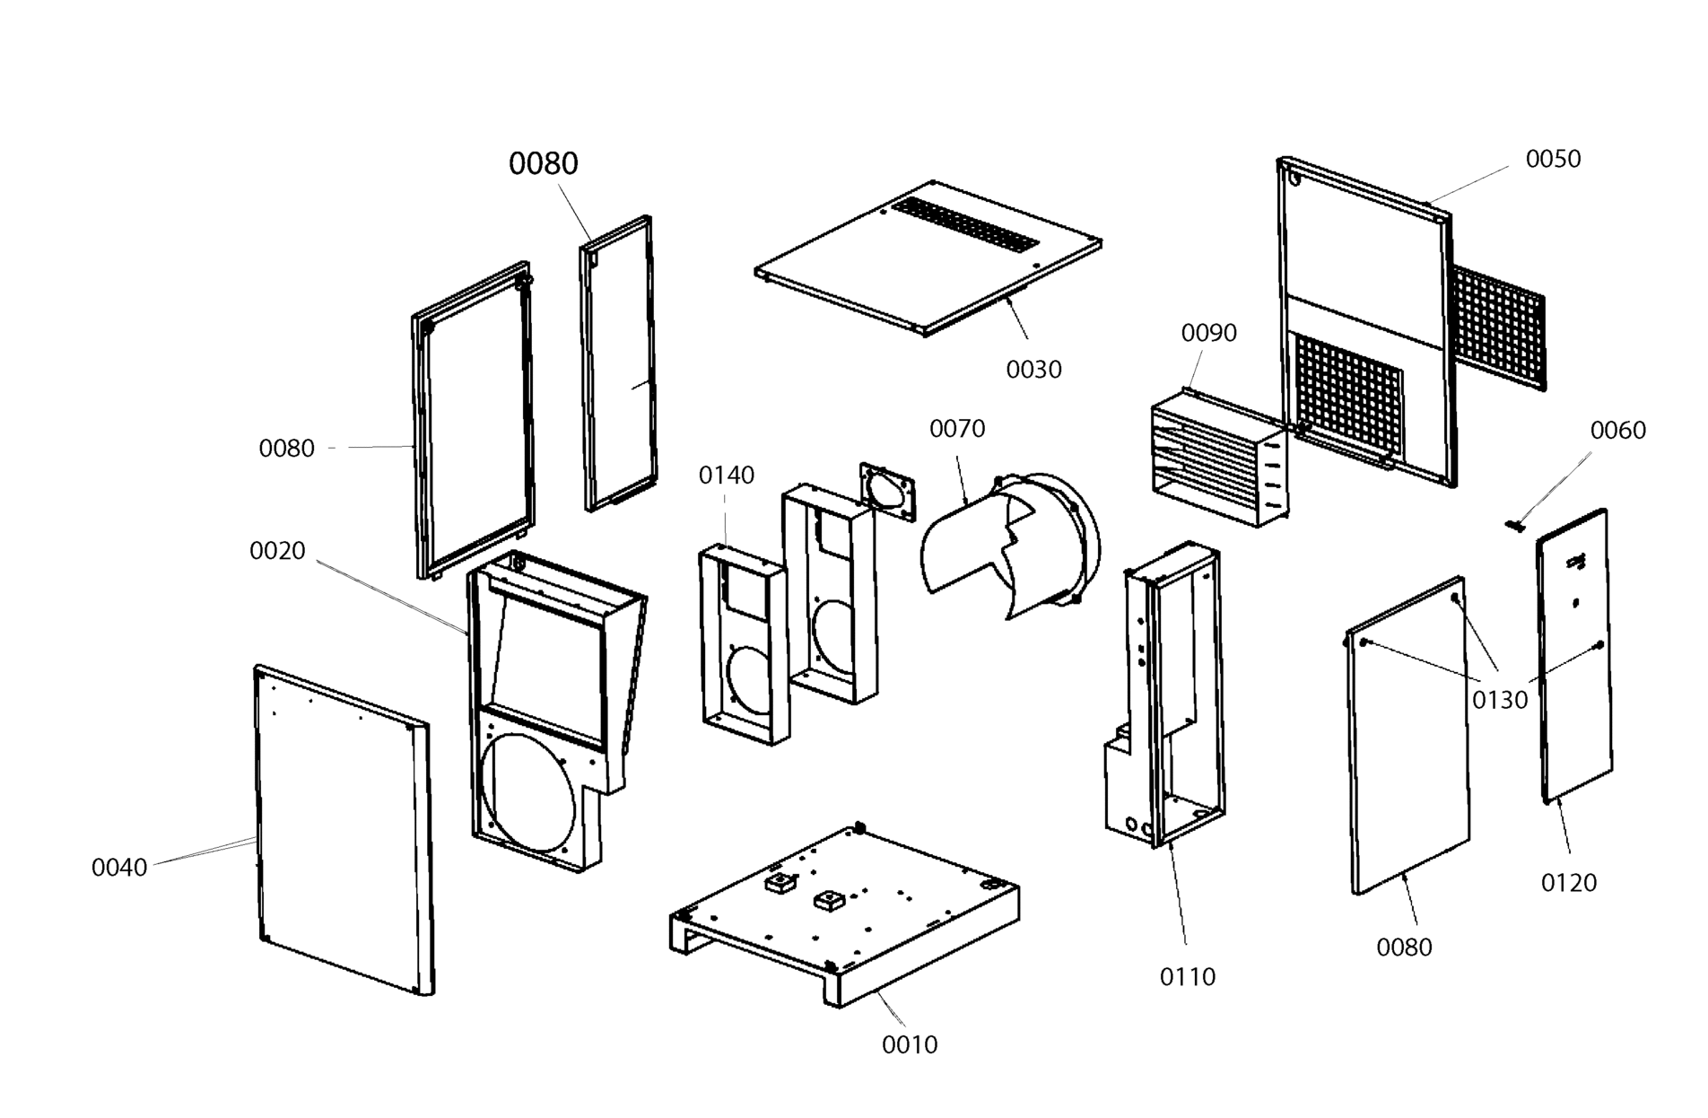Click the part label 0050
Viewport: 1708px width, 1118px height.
1553,159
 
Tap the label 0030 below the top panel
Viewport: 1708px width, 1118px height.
1033,369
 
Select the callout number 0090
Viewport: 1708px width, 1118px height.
1208,333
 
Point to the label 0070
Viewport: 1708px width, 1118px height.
957,429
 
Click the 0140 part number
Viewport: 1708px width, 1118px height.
727,475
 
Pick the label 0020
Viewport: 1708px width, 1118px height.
277,551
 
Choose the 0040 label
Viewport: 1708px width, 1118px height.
119,868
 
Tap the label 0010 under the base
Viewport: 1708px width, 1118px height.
910,1044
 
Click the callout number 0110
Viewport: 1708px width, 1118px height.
1188,976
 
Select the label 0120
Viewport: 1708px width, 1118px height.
1569,883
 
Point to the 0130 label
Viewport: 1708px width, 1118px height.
1500,700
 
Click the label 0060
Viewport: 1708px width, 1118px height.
1617,431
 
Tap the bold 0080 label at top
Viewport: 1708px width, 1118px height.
544,163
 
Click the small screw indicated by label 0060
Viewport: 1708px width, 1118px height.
1516,525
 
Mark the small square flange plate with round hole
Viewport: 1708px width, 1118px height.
890,493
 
